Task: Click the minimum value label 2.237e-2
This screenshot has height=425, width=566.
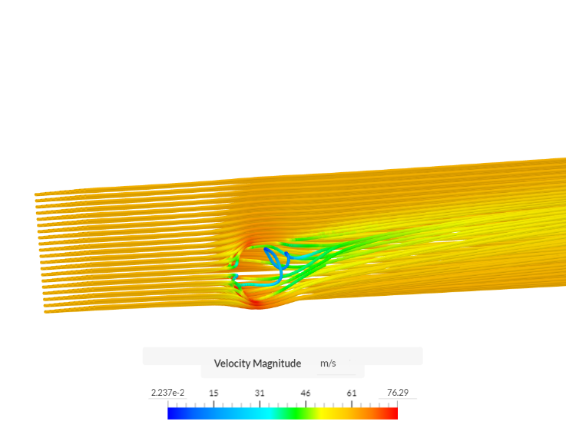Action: [x=167, y=393]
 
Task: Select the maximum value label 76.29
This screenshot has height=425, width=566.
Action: [x=397, y=393]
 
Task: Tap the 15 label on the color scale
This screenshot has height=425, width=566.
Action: [x=213, y=393]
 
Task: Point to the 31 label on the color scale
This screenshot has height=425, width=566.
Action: [x=260, y=393]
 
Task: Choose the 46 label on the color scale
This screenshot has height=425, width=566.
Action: [x=306, y=393]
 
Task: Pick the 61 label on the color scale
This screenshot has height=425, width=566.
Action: [x=352, y=393]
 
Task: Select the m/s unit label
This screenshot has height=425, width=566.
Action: [x=328, y=364]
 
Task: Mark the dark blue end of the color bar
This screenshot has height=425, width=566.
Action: [x=170, y=413]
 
